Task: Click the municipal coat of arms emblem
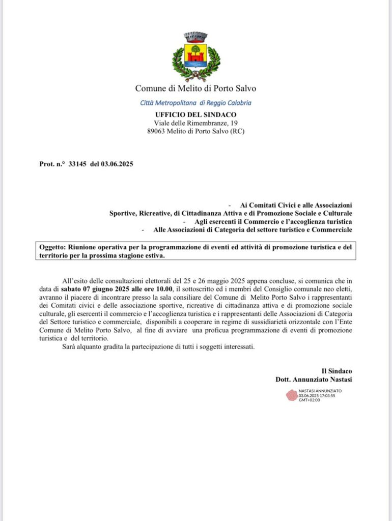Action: pyautogui.click(x=196, y=56)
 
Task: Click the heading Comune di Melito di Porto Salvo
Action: pyautogui.click(x=196, y=88)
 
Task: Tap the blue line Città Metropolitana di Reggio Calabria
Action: pyautogui.click(x=196, y=103)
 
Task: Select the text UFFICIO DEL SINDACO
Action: pyautogui.click(x=196, y=114)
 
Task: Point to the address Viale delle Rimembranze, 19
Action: pyautogui.click(x=196, y=123)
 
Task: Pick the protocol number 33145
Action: pyautogui.click(x=78, y=164)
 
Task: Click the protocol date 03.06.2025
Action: pyautogui.click(x=117, y=164)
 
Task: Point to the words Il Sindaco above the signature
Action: pyautogui.click(x=337, y=371)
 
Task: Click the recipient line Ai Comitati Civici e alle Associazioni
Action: pyautogui.click(x=296, y=205)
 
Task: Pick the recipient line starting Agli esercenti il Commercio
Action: pyautogui.click(x=274, y=221)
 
